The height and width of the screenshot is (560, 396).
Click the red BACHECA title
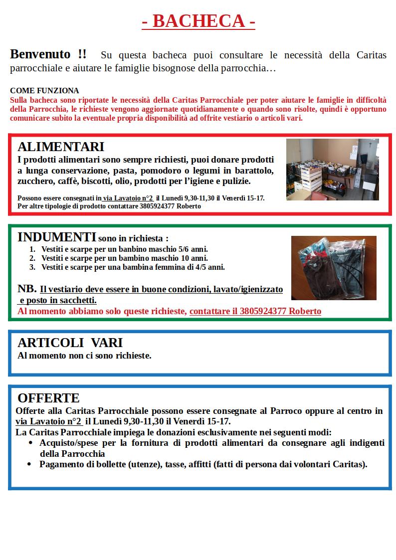[x=198, y=21]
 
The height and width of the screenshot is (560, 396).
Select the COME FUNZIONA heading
[x=44, y=91]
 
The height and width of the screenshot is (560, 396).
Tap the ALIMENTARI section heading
[x=61, y=147]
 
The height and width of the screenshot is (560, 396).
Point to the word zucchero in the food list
[x=34, y=181]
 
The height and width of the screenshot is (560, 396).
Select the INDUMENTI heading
[x=57, y=237]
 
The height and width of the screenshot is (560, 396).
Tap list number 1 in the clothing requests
[x=32, y=249]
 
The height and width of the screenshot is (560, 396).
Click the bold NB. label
[x=26, y=289]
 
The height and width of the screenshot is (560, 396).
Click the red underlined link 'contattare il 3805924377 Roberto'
[x=255, y=311]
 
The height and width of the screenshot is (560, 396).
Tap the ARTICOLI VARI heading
[x=70, y=343]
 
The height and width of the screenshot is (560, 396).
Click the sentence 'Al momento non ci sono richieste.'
[x=84, y=356]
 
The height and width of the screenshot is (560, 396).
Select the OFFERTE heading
[x=48, y=398]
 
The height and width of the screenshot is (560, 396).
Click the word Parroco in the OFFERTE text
[x=286, y=411]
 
